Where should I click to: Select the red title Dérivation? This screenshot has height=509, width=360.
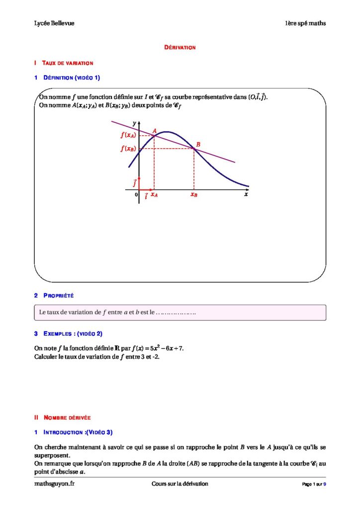click(x=180, y=48)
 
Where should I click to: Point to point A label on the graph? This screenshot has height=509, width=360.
click(x=155, y=131)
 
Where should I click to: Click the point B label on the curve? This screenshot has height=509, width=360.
click(x=198, y=145)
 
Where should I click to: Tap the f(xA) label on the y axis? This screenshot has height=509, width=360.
click(x=128, y=135)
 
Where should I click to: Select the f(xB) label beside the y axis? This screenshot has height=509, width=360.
click(x=128, y=148)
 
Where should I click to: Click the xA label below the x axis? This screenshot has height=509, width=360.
click(x=154, y=195)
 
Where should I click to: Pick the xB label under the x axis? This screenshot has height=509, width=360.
click(x=193, y=195)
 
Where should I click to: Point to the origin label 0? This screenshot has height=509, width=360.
click(x=136, y=195)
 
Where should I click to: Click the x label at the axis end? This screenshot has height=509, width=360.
click(x=246, y=195)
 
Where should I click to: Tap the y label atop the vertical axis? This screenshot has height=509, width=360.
click(x=134, y=123)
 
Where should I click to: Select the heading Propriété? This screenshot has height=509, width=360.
click(x=58, y=296)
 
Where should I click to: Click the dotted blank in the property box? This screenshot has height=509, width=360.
click(x=176, y=313)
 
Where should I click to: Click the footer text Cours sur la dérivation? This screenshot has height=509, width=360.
click(x=180, y=484)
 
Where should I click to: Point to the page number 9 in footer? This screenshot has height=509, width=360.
click(x=325, y=484)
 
